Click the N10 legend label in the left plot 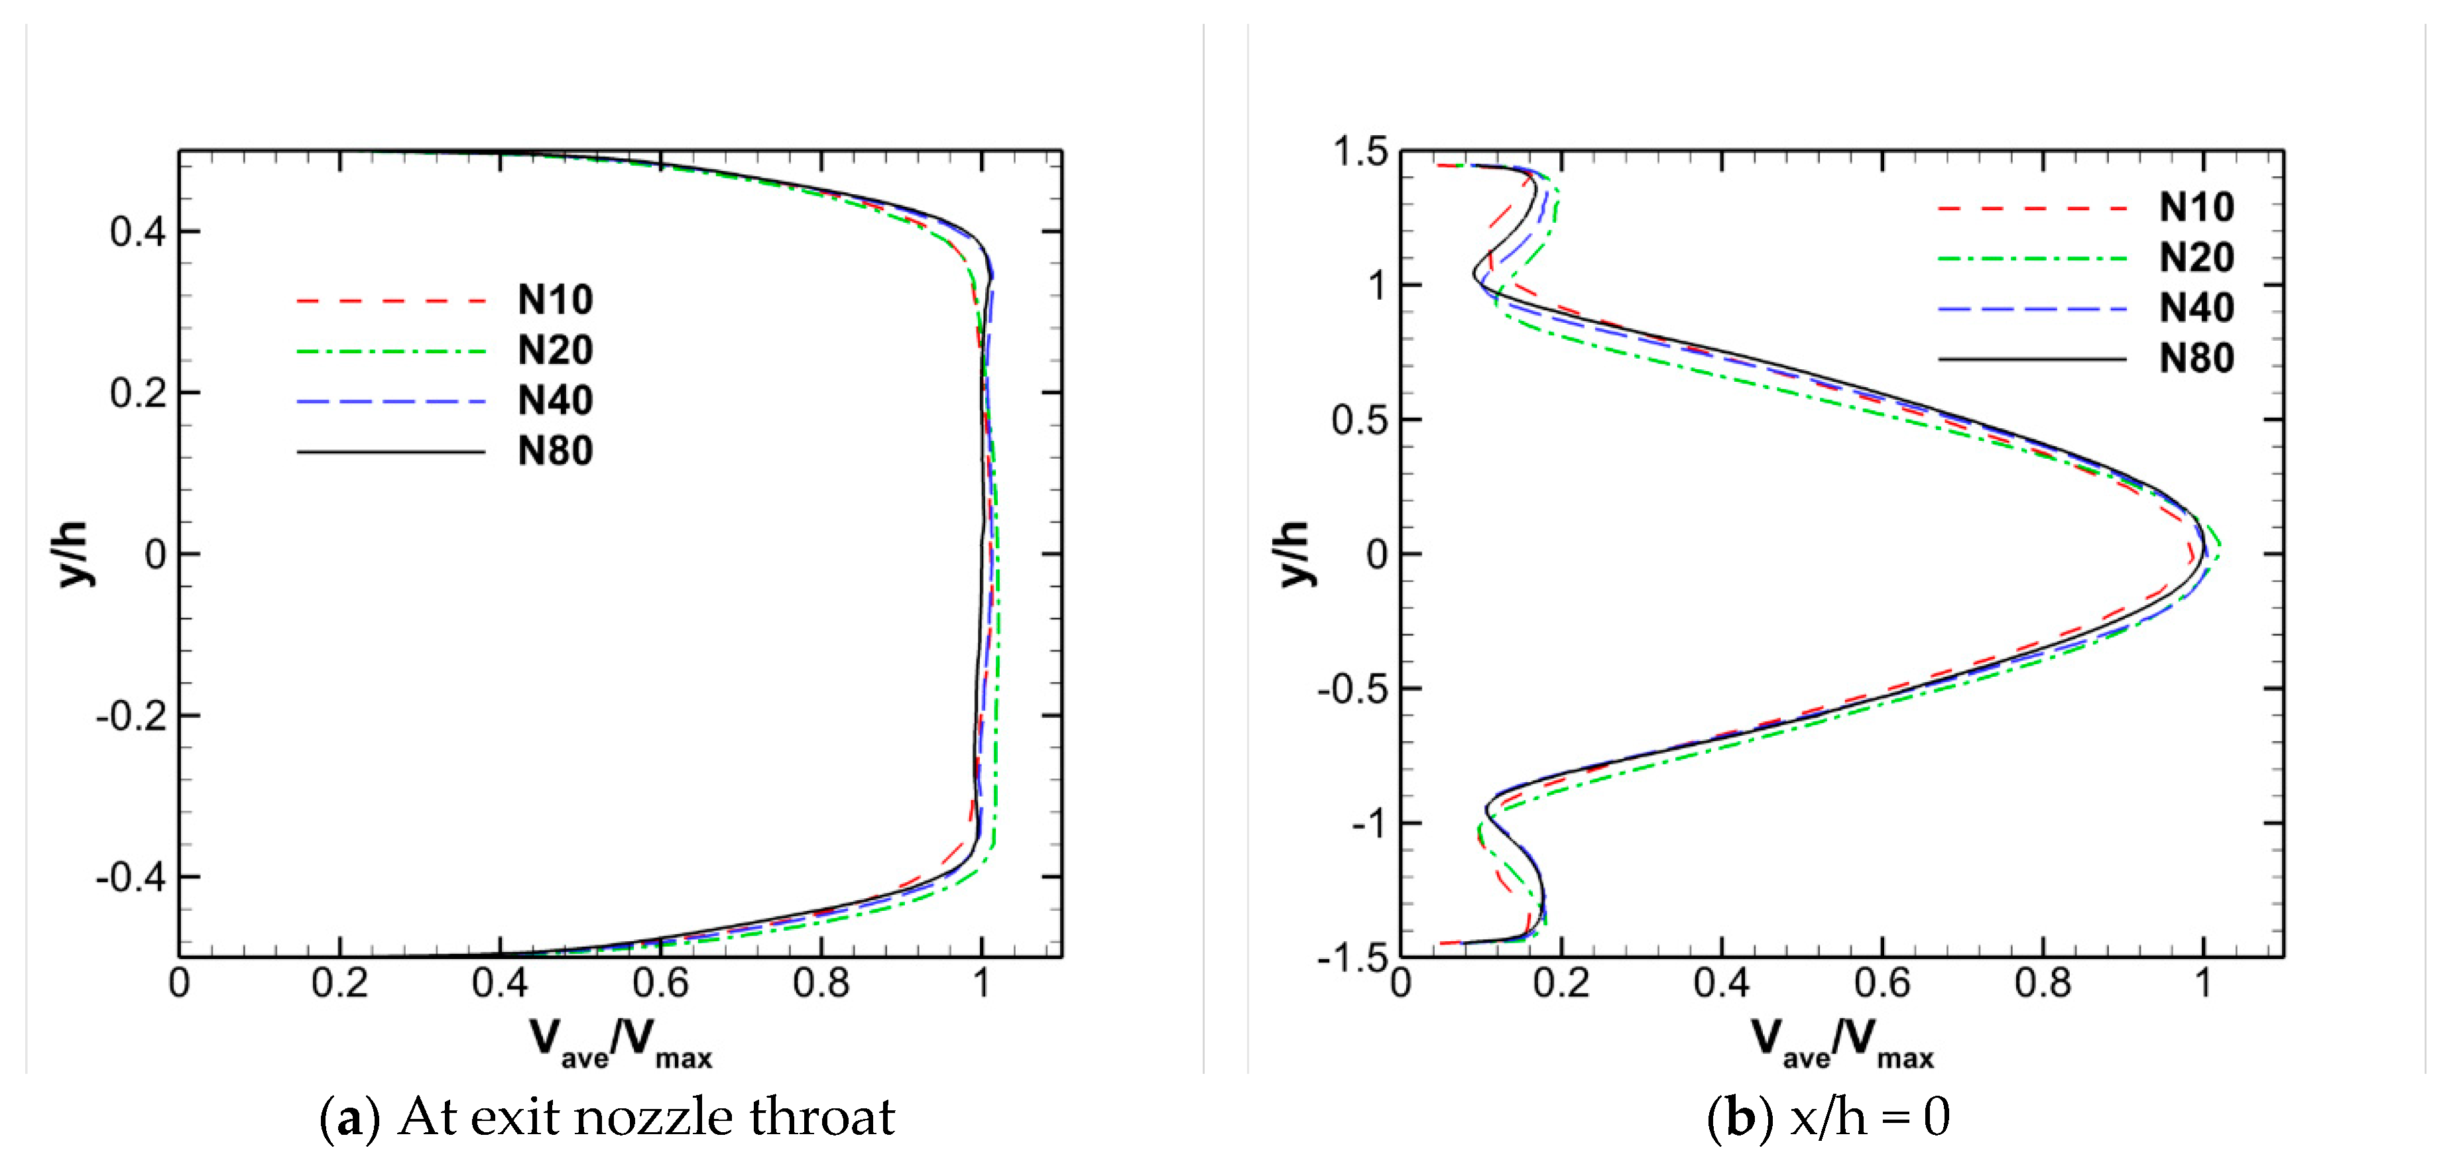[555, 300]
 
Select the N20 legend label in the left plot [555, 351]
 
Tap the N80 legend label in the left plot [555, 451]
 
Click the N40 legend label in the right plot [2196, 308]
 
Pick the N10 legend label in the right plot [2196, 207]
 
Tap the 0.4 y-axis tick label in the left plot [137, 231]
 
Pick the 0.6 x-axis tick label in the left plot [660, 983]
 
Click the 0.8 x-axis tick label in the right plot [2043, 983]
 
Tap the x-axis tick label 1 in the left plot [982, 983]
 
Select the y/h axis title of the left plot [72, 554]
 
